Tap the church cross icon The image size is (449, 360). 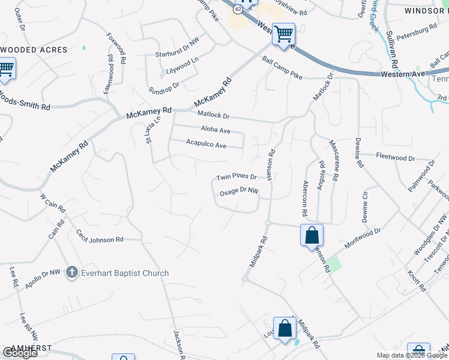tap(71, 273)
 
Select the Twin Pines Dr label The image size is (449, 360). tap(237, 177)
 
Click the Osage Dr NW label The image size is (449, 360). tap(239, 191)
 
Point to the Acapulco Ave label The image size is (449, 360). tap(206, 145)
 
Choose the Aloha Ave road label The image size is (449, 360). tap(215, 130)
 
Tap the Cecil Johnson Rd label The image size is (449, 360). tap(100, 236)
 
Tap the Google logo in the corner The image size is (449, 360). tap(20, 353)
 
